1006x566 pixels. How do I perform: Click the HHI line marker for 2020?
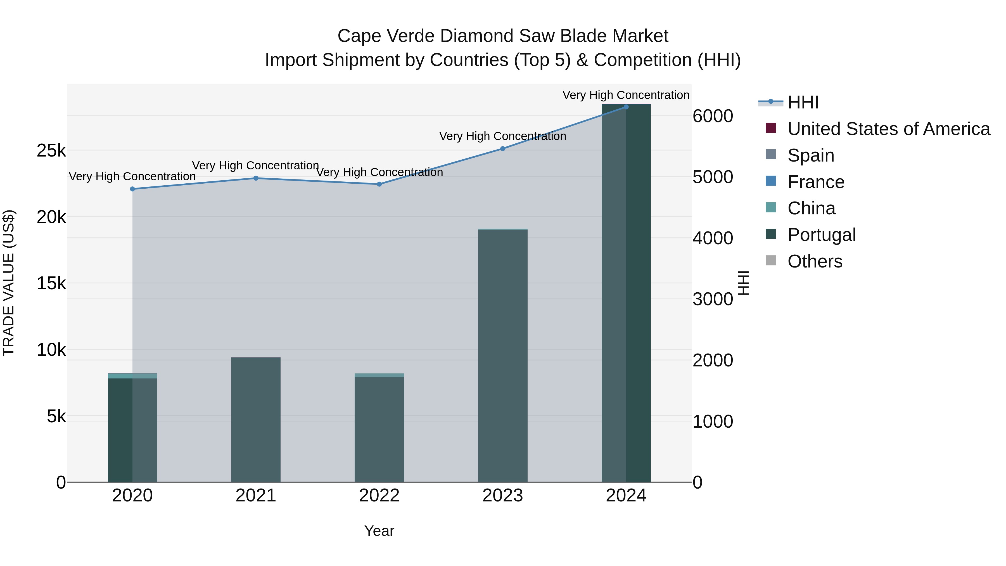click(132, 189)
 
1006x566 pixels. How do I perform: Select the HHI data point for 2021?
click(256, 178)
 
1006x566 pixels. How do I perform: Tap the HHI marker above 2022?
click(379, 184)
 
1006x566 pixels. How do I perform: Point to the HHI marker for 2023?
click(503, 149)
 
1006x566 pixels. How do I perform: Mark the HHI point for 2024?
click(626, 107)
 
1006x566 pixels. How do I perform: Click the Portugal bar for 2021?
click(256, 420)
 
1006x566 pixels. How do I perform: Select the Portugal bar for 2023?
click(503, 356)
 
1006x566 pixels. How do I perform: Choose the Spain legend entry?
click(811, 155)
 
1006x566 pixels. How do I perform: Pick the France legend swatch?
click(771, 181)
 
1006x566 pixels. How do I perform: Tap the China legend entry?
click(811, 208)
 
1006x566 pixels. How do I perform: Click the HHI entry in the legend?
click(803, 102)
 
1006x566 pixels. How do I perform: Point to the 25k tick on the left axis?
click(51, 151)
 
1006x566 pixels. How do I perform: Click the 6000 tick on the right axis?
click(713, 116)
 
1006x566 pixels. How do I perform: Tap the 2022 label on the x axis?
click(379, 496)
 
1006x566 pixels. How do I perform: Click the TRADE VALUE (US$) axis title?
click(9, 283)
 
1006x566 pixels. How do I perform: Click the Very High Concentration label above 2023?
click(503, 136)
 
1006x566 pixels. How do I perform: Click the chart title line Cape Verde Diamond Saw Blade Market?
click(503, 36)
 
